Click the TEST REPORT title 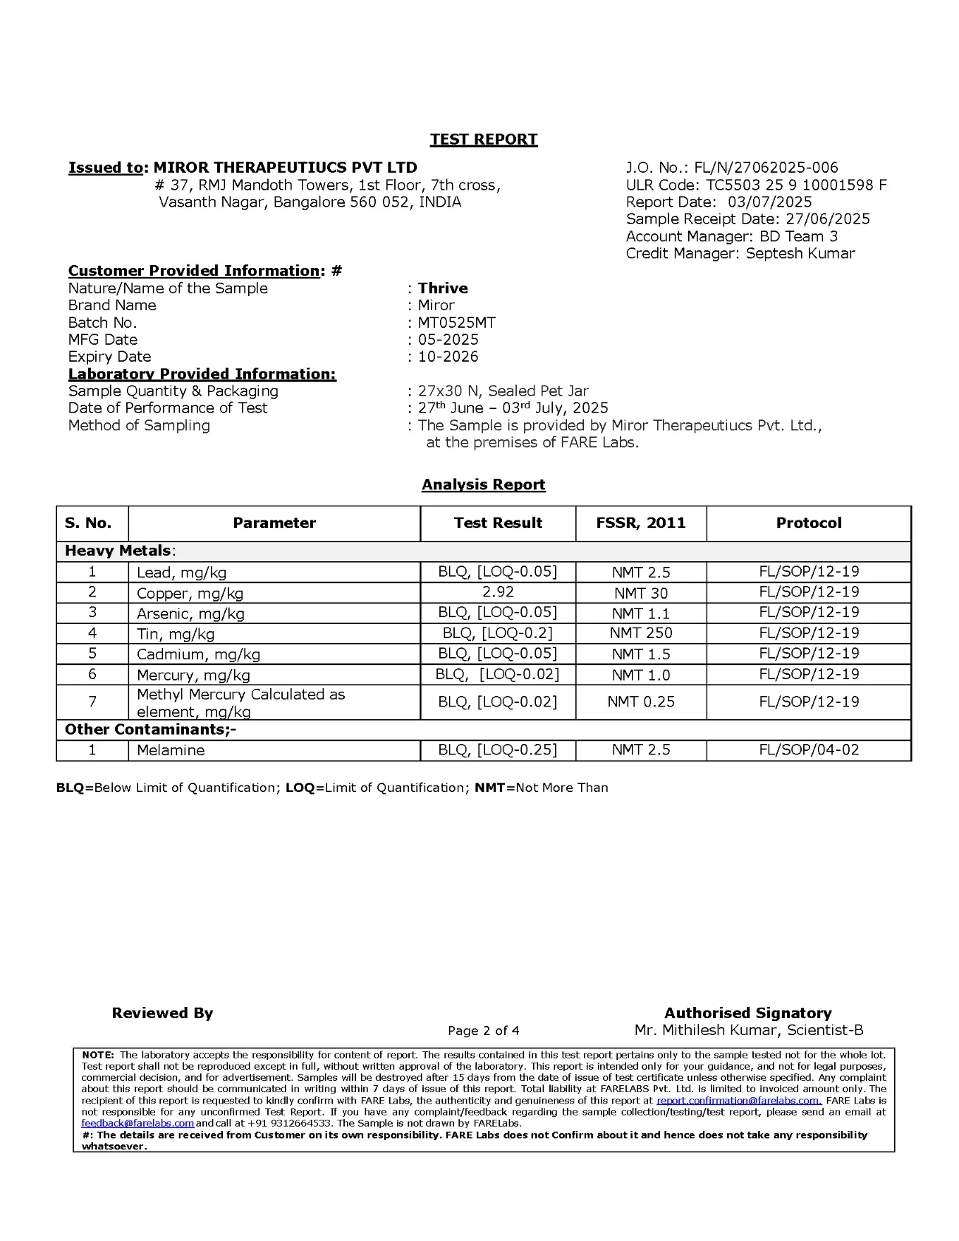(x=484, y=140)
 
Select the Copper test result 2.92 (x=498, y=592)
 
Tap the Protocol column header (x=809, y=523)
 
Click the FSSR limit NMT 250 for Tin (x=641, y=633)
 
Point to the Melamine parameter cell (x=171, y=750)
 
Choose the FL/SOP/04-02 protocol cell (x=809, y=750)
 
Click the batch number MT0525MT (x=457, y=323)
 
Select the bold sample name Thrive (x=443, y=288)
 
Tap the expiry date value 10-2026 (x=448, y=357)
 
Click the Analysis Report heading (x=484, y=485)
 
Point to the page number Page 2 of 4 (x=484, y=1031)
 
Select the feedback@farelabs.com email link (x=138, y=1123)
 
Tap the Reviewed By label (x=162, y=1013)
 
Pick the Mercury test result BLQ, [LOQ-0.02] (x=498, y=675)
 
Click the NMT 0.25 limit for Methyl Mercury (x=641, y=702)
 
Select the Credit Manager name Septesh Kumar (x=800, y=254)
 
